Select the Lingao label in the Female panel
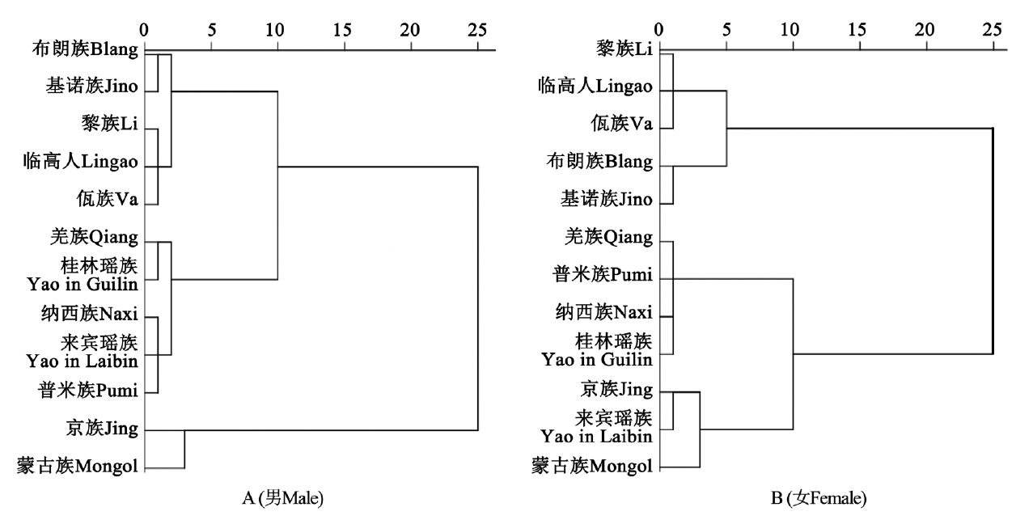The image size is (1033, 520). [x=597, y=87]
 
